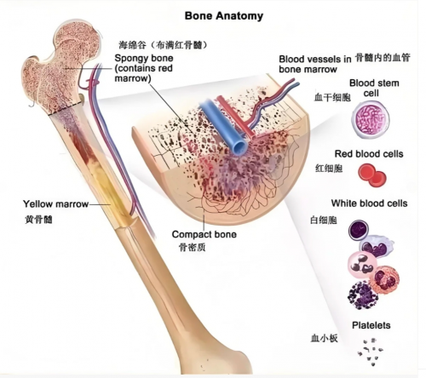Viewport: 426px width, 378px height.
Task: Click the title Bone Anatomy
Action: (x=224, y=16)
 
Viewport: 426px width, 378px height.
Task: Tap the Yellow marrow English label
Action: (x=55, y=203)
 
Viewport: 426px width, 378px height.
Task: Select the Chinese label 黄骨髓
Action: (x=38, y=220)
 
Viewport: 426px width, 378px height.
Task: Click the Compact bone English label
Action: (x=204, y=234)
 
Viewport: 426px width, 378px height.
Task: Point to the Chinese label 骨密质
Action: (x=192, y=247)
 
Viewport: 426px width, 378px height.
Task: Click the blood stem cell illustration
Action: (x=371, y=120)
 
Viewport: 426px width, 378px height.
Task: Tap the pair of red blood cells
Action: (x=372, y=175)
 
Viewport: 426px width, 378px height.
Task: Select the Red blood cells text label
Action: (x=369, y=154)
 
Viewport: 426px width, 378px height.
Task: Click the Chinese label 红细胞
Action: (x=329, y=169)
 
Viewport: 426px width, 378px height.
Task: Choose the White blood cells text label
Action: (x=369, y=203)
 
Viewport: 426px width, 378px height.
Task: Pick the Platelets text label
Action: (x=371, y=325)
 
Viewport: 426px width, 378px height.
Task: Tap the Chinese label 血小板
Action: (x=324, y=338)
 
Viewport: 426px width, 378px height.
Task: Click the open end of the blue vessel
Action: (x=239, y=147)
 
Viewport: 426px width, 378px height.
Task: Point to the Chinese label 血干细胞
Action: (x=332, y=98)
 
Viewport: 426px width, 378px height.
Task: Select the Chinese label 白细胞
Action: (x=324, y=220)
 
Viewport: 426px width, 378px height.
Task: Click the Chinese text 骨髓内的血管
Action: (x=383, y=58)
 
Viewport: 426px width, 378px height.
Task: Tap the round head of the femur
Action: (x=78, y=40)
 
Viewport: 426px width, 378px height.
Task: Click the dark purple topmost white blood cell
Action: (x=359, y=230)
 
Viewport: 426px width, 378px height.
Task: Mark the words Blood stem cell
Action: (x=374, y=88)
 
